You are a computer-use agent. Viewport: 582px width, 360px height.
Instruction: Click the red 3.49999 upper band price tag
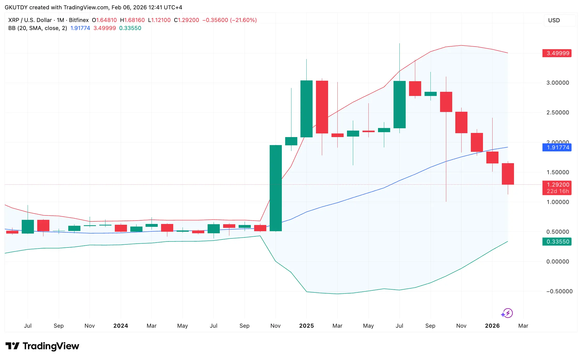click(x=557, y=53)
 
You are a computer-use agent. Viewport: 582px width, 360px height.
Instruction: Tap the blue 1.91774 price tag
click(x=557, y=147)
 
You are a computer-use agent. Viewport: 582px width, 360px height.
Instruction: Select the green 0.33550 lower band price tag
click(x=557, y=242)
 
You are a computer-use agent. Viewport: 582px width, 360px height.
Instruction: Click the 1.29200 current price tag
click(x=557, y=185)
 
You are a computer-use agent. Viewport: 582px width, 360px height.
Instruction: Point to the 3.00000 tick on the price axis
click(x=557, y=83)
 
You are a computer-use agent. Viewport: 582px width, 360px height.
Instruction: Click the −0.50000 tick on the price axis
click(x=559, y=291)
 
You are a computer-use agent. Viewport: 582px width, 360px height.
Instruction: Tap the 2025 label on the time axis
click(x=306, y=326)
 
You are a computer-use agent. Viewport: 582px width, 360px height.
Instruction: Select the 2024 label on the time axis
click(x=121, y=326)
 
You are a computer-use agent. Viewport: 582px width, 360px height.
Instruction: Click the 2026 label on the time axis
click(x=492, y=326)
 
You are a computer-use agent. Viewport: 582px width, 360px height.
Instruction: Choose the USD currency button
click(x=554, y=20)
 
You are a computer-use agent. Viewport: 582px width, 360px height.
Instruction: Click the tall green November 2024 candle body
click(x=276, y=188)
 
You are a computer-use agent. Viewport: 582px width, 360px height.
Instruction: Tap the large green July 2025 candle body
click(x=399, y=104)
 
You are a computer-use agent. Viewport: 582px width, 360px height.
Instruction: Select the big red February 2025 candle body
click(x=322, y=107)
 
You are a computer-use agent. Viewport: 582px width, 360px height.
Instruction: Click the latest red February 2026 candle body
click(x=508, y=174)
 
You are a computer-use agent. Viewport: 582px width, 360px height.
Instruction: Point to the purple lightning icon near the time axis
click(x=507, y=313)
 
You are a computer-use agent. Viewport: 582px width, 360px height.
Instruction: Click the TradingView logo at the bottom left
click(x=42, y=346)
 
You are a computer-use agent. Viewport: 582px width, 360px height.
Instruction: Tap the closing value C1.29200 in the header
click(x=186, y=20)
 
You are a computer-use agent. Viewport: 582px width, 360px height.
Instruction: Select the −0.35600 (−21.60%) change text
click(x=229, y=20)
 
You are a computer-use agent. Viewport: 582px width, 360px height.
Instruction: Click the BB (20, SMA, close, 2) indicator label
click(x=38, y=28)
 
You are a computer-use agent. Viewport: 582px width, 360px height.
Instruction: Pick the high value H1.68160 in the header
click(x=132, y=20)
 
